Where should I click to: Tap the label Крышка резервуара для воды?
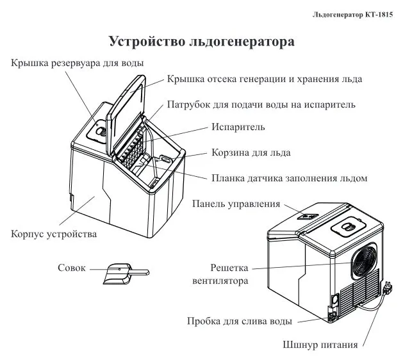[x=77, y=63]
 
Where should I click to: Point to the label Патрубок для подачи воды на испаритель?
[x=261, y=104]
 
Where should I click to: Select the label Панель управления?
[x=236, y=204]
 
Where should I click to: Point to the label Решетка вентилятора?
[x=229, y=274]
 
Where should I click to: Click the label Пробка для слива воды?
[x=240, y=320]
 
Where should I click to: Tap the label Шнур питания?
[x=320, y=346]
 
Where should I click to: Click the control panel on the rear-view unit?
[x=306, y=218]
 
